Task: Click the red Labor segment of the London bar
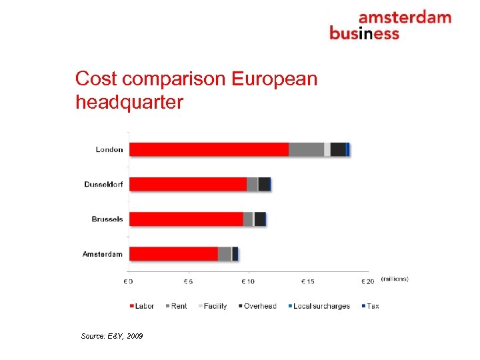click(x=209, y=149)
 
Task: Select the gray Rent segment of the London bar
click(x=306, y=149)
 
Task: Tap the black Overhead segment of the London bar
click(x=338, y=149)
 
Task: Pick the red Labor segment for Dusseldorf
click(x=187, y=184)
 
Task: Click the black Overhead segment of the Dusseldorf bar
click(x=264, y=184)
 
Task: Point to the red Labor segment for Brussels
click(x=186, y=219)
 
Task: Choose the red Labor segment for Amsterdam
click(x=173, y=253)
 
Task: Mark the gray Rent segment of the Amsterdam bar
click(x=225, y=253)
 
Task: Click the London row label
click(x=109, y=149)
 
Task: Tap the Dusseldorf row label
click(x=103, y=184)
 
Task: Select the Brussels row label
click(x=107, y=219)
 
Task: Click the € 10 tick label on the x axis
click(x=247, y=281)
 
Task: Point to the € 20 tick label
click(x=367, y=281)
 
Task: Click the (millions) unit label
click(x=395, y=279)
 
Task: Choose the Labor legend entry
click(x=141, y=306)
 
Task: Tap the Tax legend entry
click(x=369, y=306)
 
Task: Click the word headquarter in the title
click(x=129, y=103)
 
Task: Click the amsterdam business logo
click(x=390, y=25)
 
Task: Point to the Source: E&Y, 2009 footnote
click(x=112, y=335)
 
